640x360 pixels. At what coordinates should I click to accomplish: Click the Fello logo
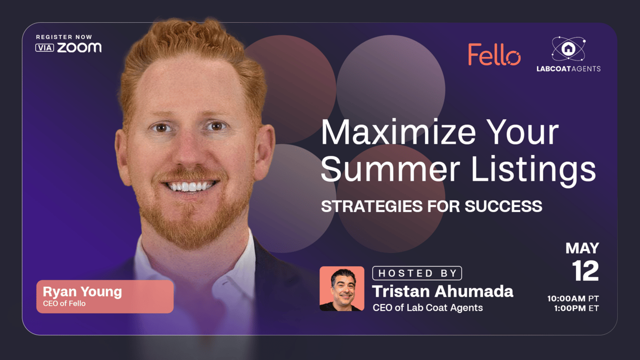[494, 54]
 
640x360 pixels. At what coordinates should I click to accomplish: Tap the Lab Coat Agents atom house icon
[569, 49]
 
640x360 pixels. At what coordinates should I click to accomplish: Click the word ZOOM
[79, 48]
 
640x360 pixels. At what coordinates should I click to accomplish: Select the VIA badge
[45, 48]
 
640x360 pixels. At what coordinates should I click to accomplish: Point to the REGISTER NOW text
[64, 37]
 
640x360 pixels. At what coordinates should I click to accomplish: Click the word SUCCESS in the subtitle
[503, 206]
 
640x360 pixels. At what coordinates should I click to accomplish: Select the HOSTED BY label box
[417, 273]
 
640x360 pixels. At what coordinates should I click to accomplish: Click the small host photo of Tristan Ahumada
[342, 289]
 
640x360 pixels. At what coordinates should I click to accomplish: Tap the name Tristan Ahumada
[442, 292]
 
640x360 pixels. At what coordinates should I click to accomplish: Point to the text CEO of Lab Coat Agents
[427, 308]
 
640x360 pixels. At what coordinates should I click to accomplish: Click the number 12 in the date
[585, 270]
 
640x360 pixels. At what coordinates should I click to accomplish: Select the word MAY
[582, 248]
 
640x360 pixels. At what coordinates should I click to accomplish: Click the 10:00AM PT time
[573, 299]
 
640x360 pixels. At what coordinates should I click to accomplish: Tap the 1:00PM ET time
[577, 309]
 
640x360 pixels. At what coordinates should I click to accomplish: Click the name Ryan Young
[82, 292]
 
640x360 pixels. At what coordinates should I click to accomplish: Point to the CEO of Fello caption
[64, 304]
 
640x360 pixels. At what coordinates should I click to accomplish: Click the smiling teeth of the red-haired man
[190, 187]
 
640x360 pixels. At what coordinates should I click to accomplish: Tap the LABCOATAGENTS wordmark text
[569, 69]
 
